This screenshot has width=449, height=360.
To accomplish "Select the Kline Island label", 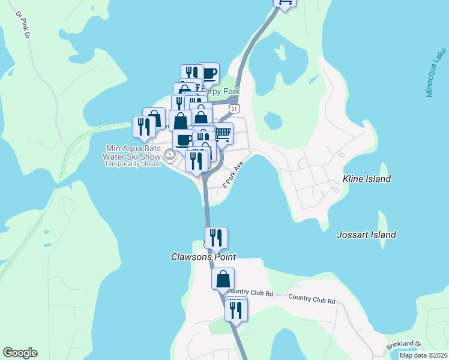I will pyautogui.click(x=366, y=179).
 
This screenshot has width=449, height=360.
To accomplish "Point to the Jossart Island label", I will pyautogui.click(x=366, y=235).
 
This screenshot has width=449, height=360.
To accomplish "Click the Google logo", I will pyautogui.click(x=20, y=353).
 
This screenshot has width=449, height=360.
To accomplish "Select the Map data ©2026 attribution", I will pyautogui.click(x=422, y=355).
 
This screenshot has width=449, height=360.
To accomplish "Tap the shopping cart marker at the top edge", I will pyautogui.click(x=285, y=3).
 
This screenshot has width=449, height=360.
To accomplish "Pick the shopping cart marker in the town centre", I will pyautogui.click(x=223, y=133).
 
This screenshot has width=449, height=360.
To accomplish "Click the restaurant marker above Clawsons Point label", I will pyautogui.click(x=216, y=238).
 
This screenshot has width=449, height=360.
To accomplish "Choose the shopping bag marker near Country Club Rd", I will pyautogui.click(x=223, y=278).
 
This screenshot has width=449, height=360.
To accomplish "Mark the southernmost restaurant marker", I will pyautogui.click(x=236, y=310).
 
